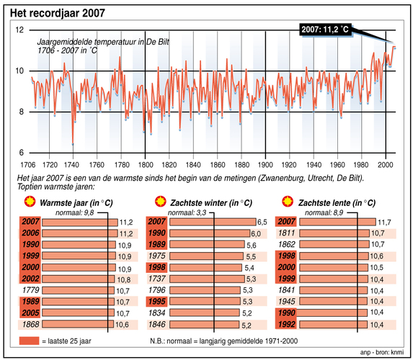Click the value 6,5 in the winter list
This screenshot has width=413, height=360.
pos(263,222)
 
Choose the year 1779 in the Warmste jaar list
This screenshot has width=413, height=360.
pos(30,290)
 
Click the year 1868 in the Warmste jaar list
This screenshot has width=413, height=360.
pos(30,325)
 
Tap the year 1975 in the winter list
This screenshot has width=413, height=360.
pos(156,256)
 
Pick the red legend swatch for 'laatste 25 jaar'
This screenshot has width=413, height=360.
pos(27,339)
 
